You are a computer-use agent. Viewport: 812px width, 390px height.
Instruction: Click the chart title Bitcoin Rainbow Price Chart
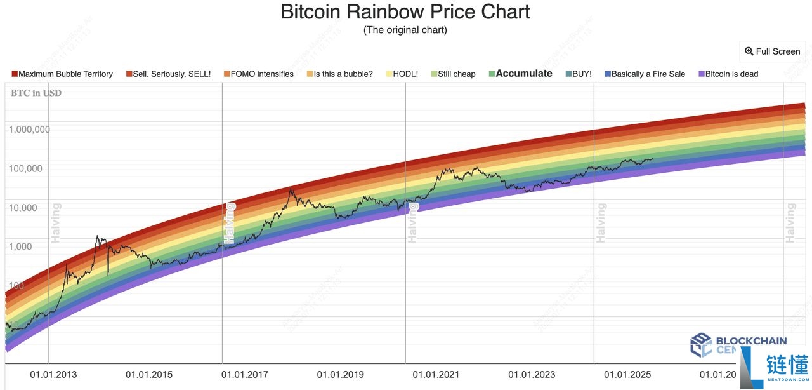pyautogui.click(x=405, y=12)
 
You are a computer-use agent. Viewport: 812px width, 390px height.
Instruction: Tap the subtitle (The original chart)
pyautogui.click(x=405, y=30)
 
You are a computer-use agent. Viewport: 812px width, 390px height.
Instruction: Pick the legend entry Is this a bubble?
pyautogui.click(x=343, y=74)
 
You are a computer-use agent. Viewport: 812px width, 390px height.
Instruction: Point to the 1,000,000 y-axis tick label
pyautogui.click(x=29, y=130)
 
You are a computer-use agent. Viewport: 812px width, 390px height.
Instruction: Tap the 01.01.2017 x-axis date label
pyautogui.click(x=244, y=375)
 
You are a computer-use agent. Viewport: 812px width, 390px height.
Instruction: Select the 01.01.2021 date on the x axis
pyautogui.click(x=436, y=375)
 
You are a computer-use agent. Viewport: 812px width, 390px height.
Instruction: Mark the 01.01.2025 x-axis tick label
pyautogui.click(x=627, y=375)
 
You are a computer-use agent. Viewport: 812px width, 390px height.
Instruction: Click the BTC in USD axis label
pyautogui.click(x=36, y=93)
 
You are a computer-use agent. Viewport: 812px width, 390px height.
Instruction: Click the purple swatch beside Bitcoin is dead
pyautogui.click(x=701, y=74)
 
